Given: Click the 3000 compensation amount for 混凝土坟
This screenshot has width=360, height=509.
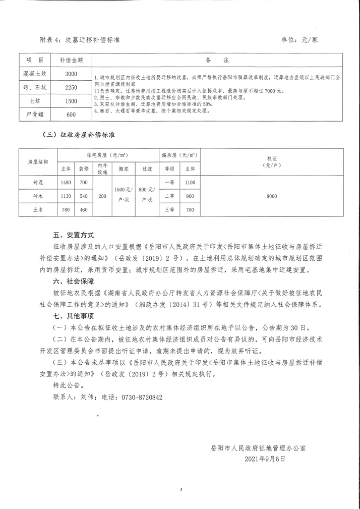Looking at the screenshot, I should click(71, 74).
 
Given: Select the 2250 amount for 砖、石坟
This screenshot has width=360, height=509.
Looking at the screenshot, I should click(71, 87).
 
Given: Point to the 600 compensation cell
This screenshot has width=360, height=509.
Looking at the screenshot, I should click(71, 115).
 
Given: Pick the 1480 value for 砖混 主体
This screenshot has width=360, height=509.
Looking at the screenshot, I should click(66, 182).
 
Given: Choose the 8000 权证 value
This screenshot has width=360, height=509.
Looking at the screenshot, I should click(272, 196).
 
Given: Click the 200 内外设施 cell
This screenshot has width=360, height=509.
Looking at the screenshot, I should click(102, 196).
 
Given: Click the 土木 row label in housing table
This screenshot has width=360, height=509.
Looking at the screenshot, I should click(38, 209).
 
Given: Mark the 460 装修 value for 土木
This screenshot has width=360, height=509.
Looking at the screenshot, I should click(84, 209).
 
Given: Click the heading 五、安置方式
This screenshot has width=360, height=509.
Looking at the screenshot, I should click(73, 235).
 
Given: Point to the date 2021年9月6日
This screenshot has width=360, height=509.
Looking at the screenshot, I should click(265, 459).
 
